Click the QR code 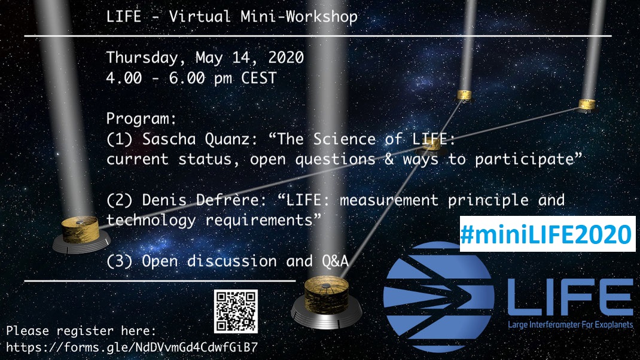coord(236,311)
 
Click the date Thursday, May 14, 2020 coord(205,58)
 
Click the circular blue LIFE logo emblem coord(438,297)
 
